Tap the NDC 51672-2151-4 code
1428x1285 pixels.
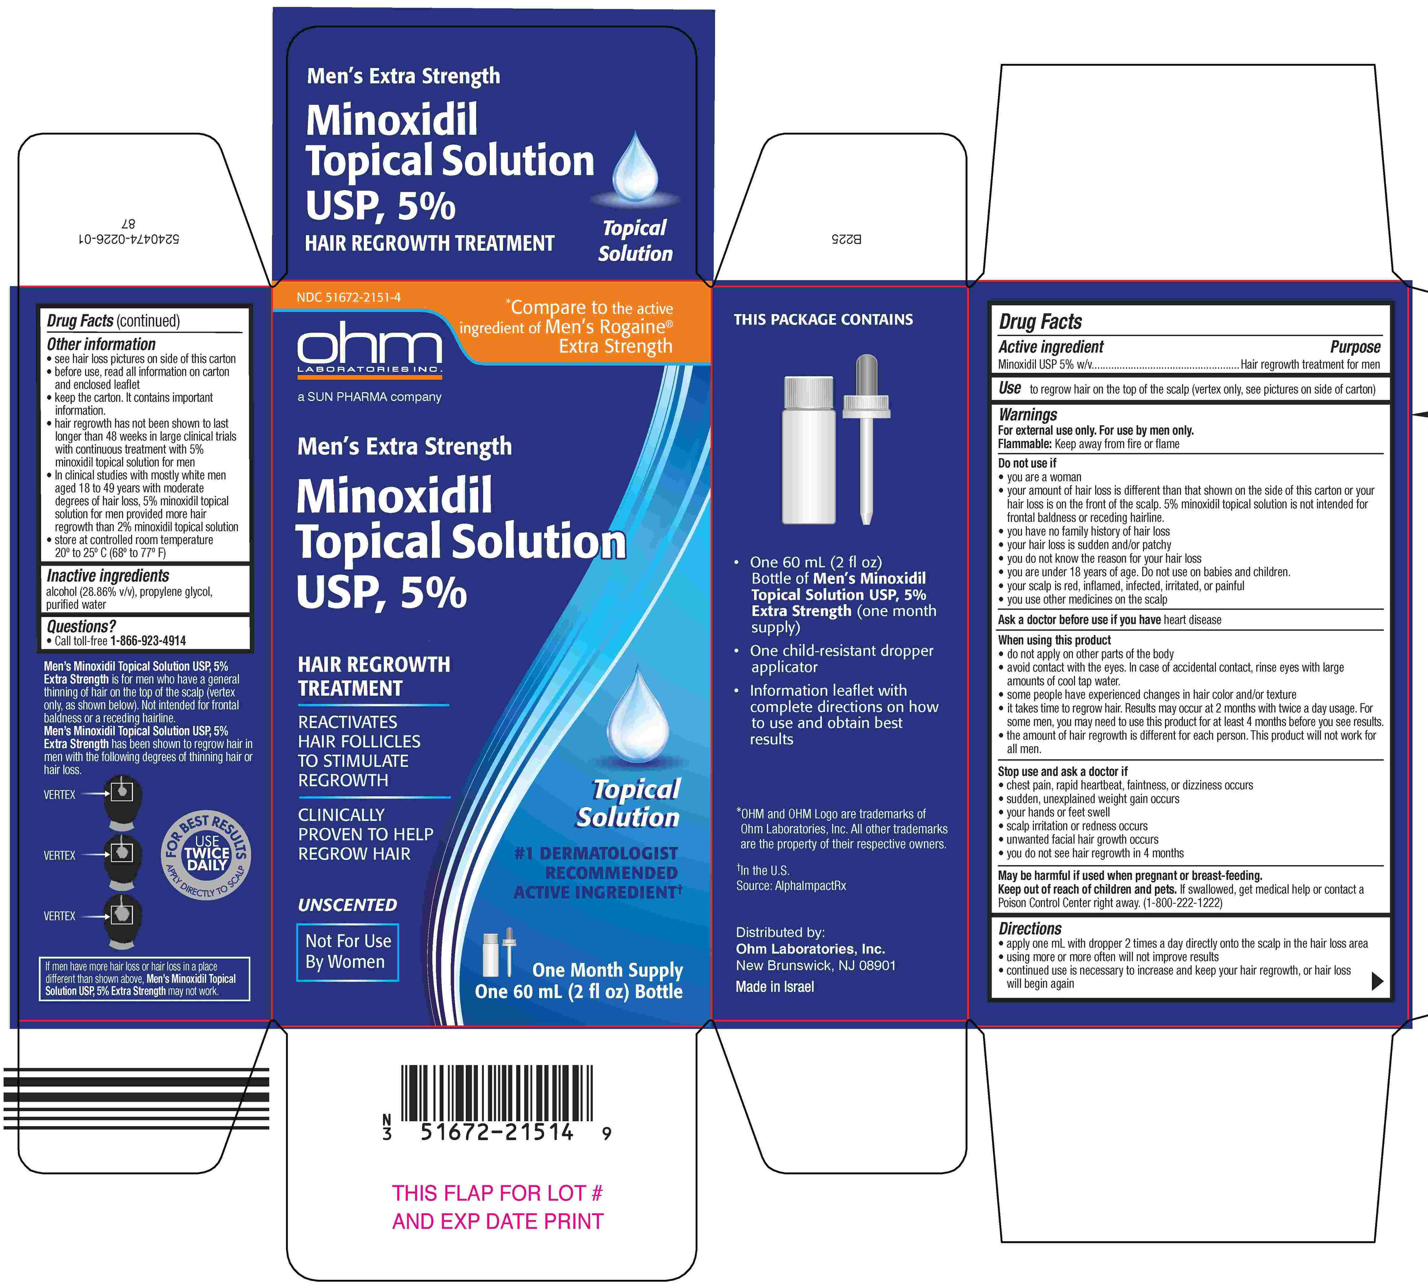[x=349, y=297]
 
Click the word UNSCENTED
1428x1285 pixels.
[x=347, y=904]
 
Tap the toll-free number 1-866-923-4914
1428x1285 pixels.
[x=148, y=640]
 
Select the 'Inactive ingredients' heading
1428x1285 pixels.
[x=108, y=575]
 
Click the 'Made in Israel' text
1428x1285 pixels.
[x=774, y=986]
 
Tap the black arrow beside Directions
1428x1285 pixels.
[x=1377, y=981]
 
